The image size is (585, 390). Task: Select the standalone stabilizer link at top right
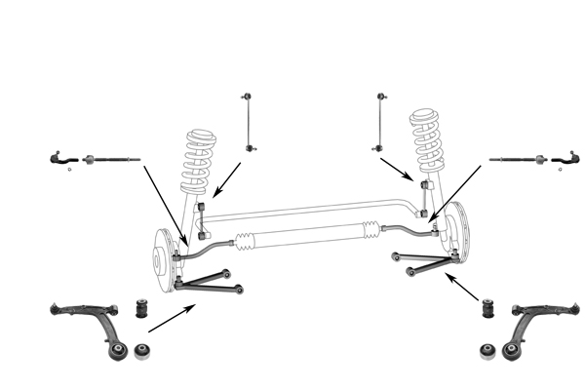pos(378,122)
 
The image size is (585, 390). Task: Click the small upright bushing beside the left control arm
pos(140,310)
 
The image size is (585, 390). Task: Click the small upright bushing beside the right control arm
pos(489,310)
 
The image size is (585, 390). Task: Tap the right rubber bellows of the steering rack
pos(370,231)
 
